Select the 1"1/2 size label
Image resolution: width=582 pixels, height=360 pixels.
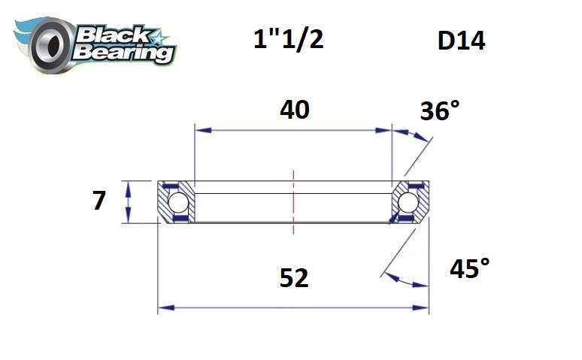coord(288,39)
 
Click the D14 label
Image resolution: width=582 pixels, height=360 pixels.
coord(461,41)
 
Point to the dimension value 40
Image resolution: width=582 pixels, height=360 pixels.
coord(294,110)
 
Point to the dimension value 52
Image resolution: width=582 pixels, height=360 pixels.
coord(294,279)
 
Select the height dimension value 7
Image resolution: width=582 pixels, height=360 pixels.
coord(99,201)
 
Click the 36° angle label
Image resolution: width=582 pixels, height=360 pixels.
coord(438,112)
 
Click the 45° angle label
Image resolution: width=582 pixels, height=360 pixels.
coord(469,268)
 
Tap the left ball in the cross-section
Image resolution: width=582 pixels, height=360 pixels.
coord(177,202)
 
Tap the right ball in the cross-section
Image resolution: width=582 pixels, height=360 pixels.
coord(410,202)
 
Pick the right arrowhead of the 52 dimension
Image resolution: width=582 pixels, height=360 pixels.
coord(423,307)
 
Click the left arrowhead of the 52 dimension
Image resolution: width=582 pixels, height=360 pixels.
coord(164,307)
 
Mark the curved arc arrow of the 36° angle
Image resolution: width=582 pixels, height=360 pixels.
coord(415,135)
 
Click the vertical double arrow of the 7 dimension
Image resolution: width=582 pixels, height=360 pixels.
coord(130,202)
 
